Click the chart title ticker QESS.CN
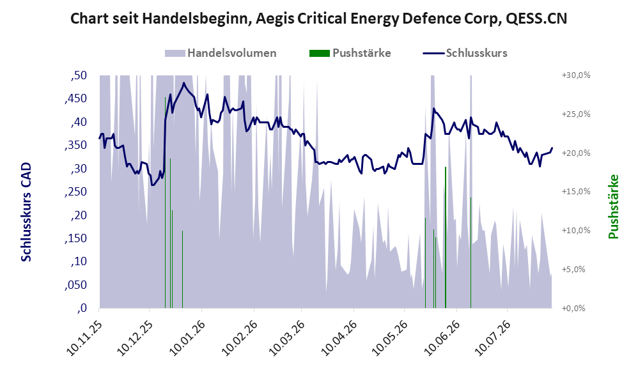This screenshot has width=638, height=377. [x=536, y=19]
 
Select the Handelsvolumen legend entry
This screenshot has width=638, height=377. [x=221, y=53]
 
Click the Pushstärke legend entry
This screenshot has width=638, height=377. [x=350, y=53]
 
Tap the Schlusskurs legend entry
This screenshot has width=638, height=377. [x=465, y=53]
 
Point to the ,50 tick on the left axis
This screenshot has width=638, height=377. [x=79, y=75]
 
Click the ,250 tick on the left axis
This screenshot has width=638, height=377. [x=75, y=192]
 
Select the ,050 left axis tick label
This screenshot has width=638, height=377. [x=75, y=285]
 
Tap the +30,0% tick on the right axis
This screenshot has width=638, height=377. [x=576, y=75]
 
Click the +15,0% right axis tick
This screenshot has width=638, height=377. [x=576, y=192]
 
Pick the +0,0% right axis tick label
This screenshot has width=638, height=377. [x=573, y=308]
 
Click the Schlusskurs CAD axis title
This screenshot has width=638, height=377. [x=26, y=212]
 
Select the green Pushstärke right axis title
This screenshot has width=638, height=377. [x=613, y=206]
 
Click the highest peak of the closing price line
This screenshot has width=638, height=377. [x=184, y=83]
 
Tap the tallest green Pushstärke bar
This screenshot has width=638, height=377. [x=165, y=203]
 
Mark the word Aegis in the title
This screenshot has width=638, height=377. [x=272, y=19]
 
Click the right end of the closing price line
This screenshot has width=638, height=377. [x=552, y=148]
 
